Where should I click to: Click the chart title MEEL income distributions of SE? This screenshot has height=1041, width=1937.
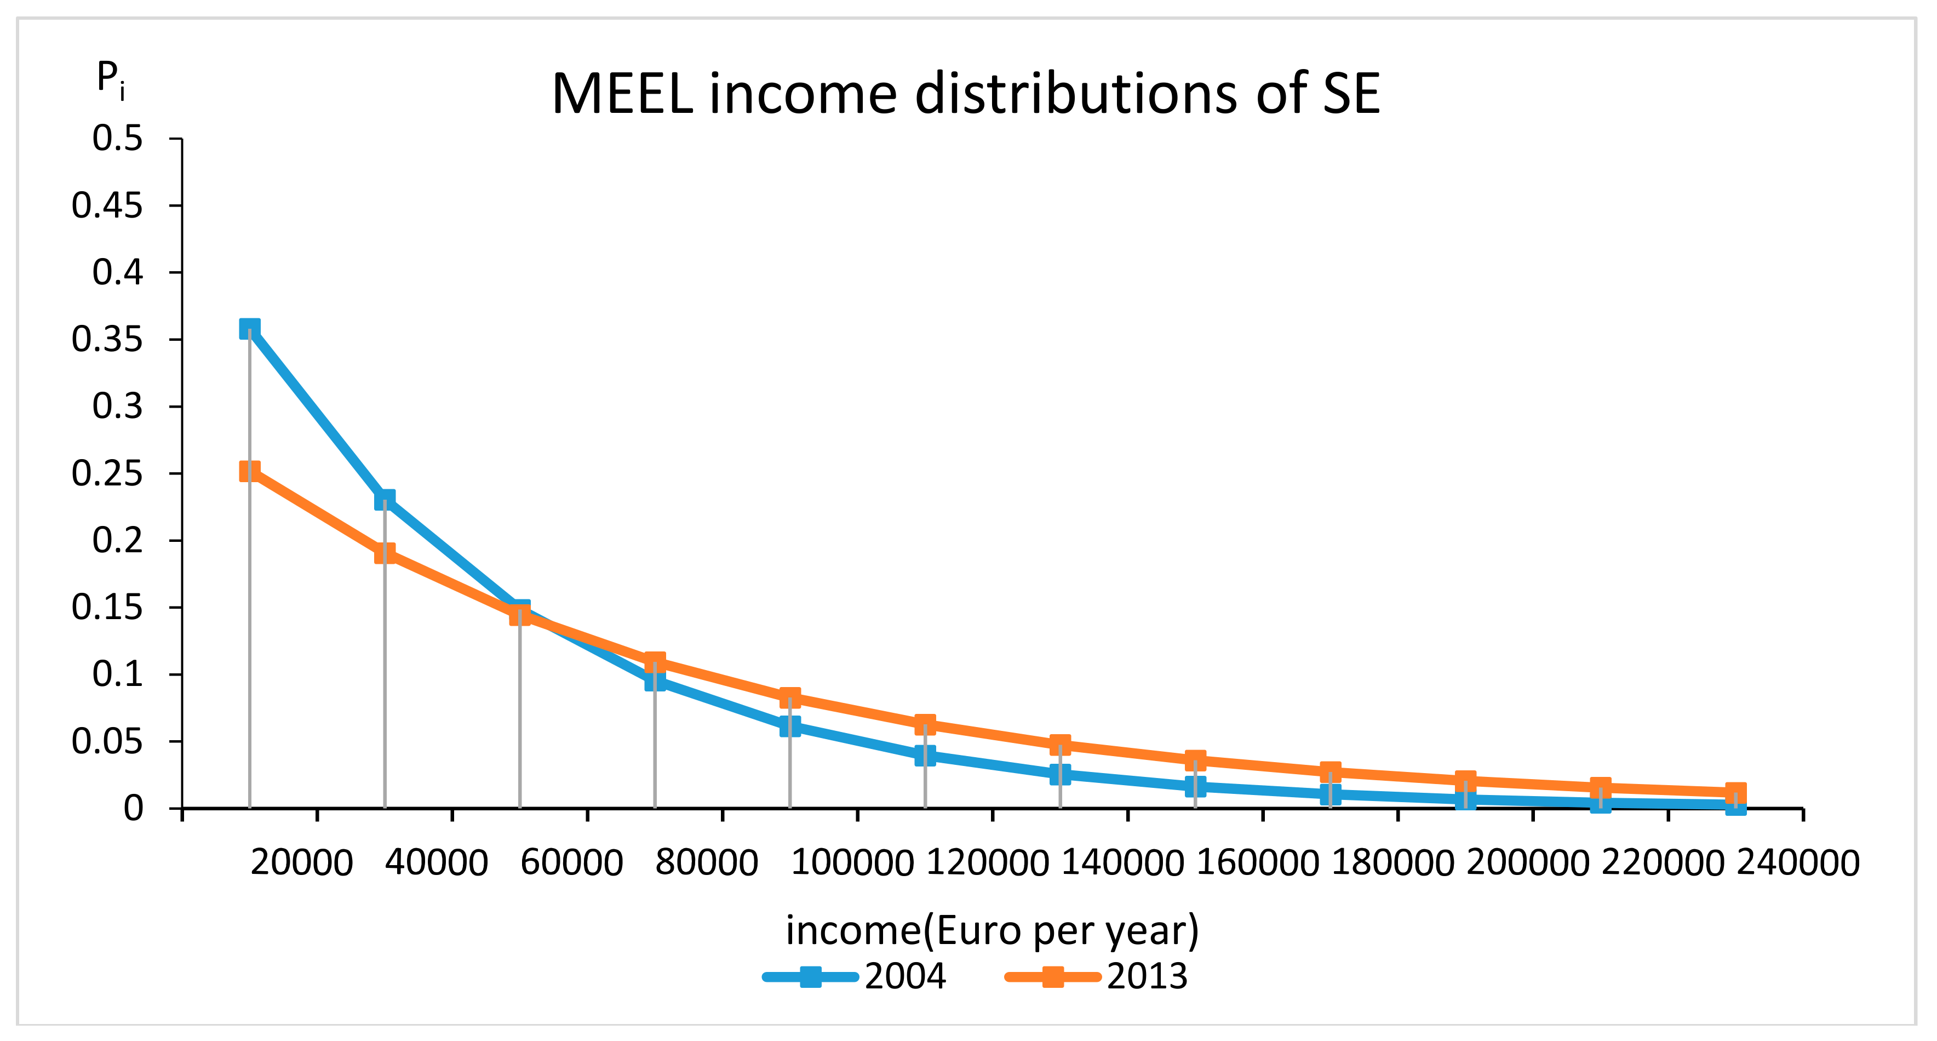966,94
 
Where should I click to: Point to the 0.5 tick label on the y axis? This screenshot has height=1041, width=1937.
117,139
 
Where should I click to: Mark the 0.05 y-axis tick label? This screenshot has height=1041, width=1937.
107,742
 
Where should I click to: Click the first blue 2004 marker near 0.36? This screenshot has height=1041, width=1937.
250,329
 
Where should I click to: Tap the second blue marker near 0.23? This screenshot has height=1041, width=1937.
384,500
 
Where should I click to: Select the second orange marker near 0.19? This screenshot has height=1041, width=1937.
384,553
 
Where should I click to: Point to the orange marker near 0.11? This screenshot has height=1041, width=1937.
655,662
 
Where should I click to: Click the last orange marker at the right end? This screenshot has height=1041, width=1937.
1735,793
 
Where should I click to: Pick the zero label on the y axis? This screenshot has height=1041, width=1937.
133,809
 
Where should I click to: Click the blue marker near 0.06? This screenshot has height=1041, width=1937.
789,726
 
